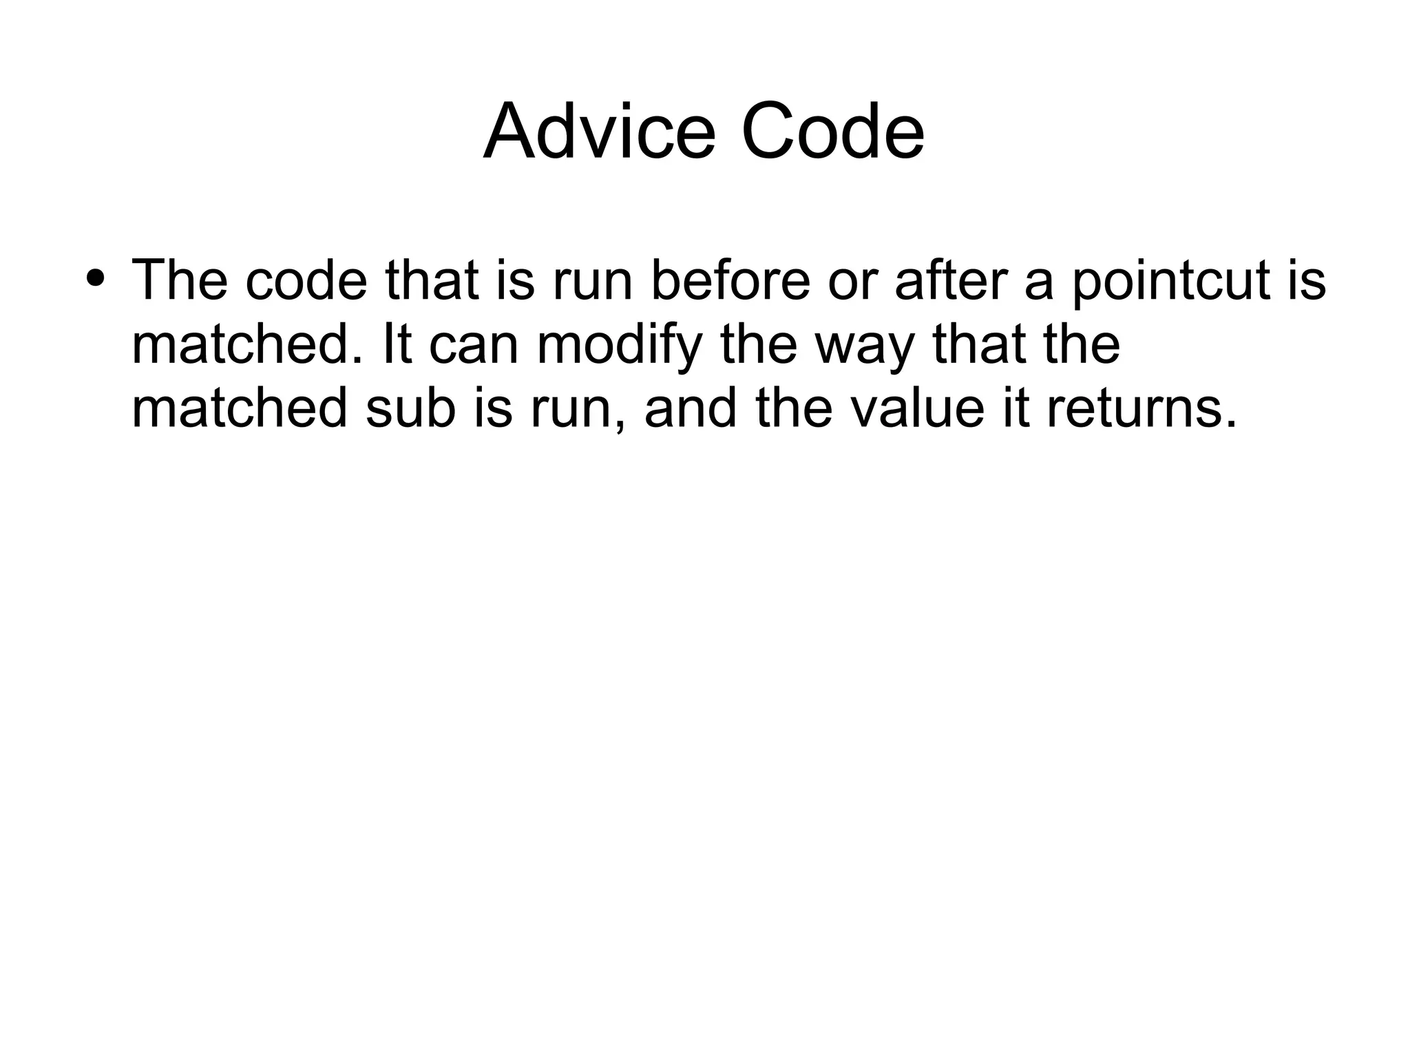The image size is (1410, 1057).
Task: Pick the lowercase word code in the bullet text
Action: point(306,281)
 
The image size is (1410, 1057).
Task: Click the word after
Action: point(952,281)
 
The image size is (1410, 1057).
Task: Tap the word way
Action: point(865,346)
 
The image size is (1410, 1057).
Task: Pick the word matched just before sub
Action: point(239,408)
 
